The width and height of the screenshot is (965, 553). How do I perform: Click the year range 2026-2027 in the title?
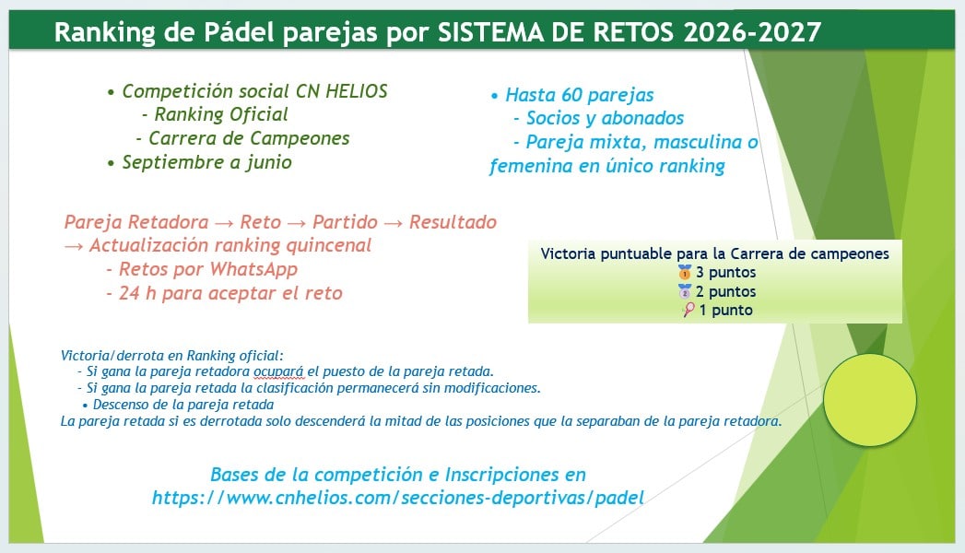752,32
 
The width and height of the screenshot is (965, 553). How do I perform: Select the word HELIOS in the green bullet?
357,91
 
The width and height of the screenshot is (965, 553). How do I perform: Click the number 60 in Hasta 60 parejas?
571,95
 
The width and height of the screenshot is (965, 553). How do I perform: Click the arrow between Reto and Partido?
297,223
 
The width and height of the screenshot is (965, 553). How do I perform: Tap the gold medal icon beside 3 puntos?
685,272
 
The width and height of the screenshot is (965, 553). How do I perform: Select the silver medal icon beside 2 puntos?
685,291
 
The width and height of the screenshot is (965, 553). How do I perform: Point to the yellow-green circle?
870,400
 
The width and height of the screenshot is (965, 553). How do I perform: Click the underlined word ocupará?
278,371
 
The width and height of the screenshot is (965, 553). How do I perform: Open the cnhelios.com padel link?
397,498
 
